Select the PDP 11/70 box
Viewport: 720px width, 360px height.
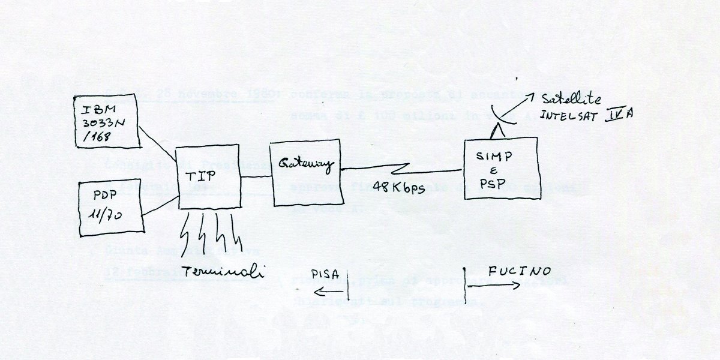tap(112, 208)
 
